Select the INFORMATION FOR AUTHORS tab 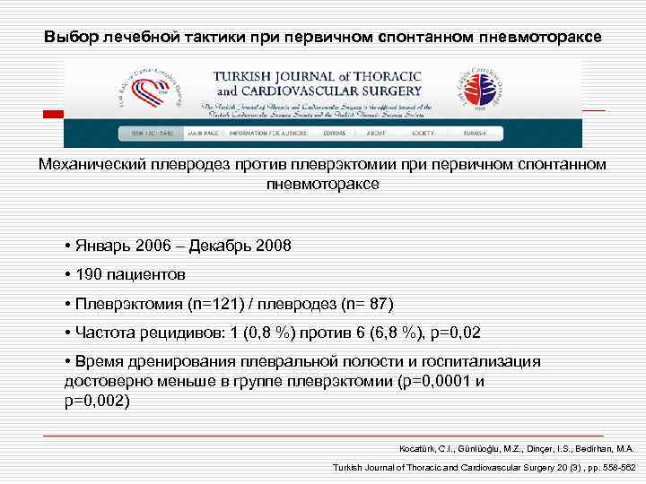coord(267,133)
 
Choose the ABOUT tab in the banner coord(377,133)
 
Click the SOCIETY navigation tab coord(423,133)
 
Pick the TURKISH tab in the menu coord(476,133)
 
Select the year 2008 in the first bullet coord(273,245)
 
